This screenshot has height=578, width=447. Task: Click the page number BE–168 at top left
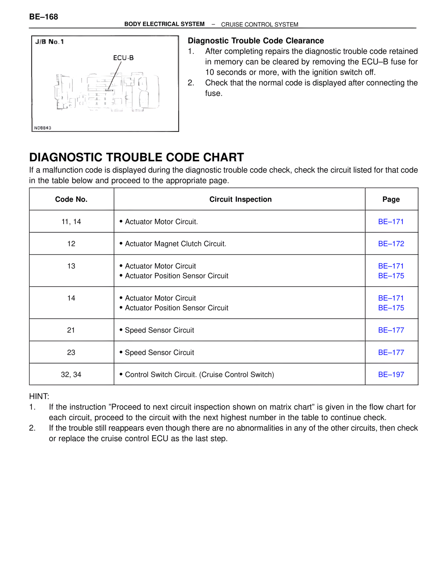coord(44,17)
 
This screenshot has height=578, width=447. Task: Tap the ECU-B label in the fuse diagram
coord(123,58)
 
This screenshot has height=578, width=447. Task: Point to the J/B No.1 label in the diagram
coord(50,42)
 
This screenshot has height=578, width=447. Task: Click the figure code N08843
coord(43,128)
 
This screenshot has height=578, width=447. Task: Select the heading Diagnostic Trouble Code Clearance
coord(256,41)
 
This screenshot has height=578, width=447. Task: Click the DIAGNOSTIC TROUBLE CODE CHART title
coord(137,157)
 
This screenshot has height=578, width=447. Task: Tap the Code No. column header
coord(71,199)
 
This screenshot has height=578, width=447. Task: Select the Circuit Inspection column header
coord(240,199)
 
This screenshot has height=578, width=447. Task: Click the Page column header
coord(391,199)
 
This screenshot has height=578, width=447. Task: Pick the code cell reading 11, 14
coord(71,222)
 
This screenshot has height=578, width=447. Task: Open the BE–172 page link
coord(391,244)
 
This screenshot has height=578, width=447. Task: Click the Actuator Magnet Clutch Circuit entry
coord(175,244)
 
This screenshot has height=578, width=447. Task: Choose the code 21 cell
coord(71,330)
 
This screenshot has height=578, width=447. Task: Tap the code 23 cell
coord(71,353)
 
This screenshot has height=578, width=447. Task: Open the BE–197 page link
coord(391,375)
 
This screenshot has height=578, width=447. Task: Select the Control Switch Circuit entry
coord(199,375)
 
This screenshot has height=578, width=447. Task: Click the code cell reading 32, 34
coord(71,375)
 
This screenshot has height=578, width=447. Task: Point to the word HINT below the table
coord(39,397)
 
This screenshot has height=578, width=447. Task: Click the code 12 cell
coord(71,244)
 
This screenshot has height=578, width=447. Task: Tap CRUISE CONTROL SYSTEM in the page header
coord(259,24)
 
